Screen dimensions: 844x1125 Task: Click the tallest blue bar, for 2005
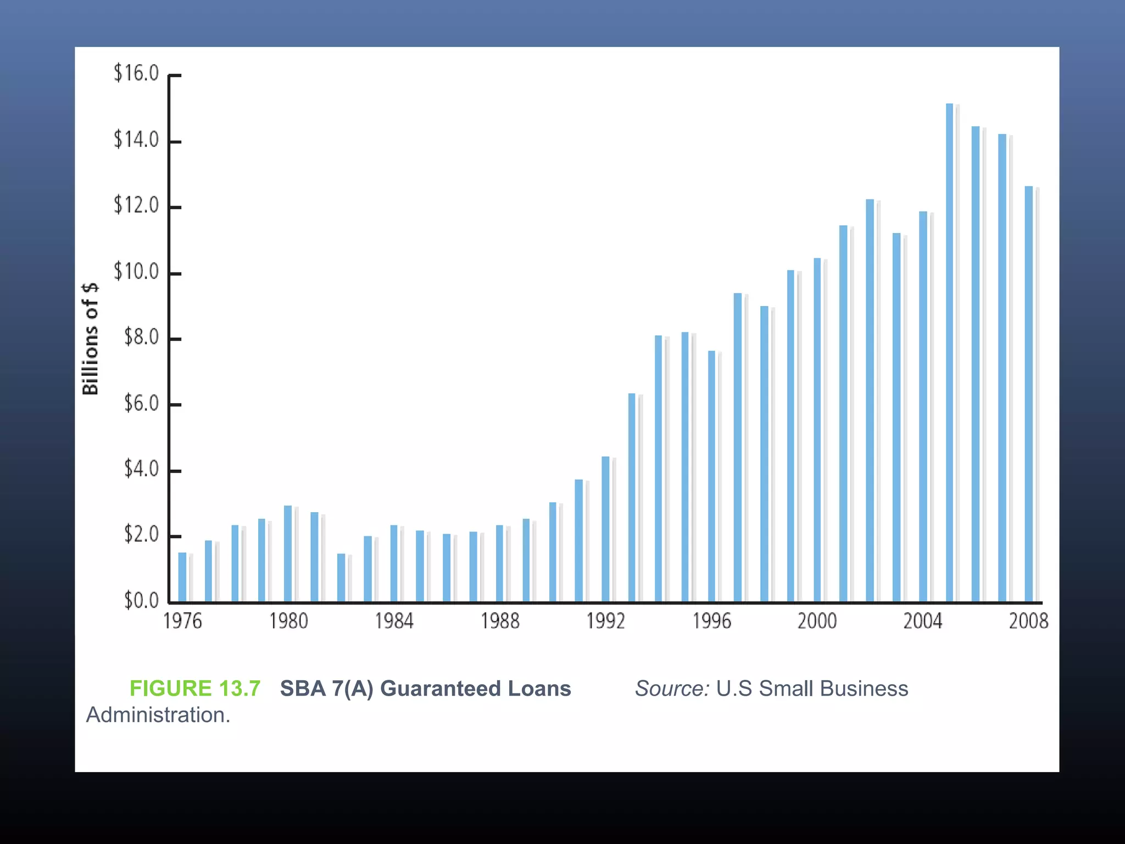point(949,352)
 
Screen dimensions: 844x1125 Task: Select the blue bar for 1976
point(182,577)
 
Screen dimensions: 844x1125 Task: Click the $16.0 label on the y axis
point(136,73)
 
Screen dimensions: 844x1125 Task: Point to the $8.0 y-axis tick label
point(141,337)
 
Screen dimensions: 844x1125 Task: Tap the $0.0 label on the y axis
point(141,600)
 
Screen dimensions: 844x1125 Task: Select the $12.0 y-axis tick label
point(136,205)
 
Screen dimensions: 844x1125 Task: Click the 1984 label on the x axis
point(394,621)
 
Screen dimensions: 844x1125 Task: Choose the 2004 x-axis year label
point(923,621)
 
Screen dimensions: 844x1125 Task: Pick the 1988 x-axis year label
point(500,621)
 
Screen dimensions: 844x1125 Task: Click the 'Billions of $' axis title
point(90,338)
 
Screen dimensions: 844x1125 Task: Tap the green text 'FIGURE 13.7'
point(195,688)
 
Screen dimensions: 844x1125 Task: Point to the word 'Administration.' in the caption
point(158,715)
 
